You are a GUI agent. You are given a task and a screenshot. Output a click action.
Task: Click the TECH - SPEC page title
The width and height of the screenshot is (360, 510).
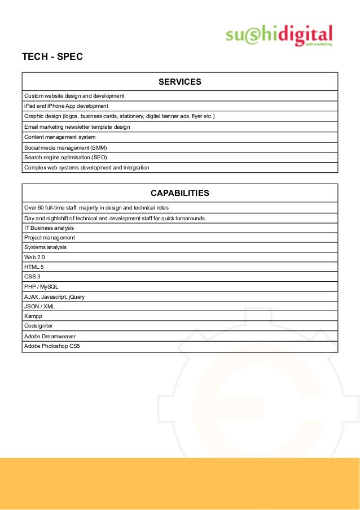(52, 57)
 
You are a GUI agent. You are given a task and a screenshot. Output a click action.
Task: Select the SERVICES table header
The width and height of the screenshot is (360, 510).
(179, 82)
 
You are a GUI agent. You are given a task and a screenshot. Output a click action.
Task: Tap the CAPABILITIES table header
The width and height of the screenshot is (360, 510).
(179, 193)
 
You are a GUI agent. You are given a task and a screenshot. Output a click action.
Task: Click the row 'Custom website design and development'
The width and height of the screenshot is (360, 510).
(74, 95)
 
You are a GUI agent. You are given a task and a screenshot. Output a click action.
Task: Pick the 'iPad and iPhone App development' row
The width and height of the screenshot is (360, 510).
(66, 106)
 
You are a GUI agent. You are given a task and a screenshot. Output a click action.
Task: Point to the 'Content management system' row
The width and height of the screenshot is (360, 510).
(60, 137)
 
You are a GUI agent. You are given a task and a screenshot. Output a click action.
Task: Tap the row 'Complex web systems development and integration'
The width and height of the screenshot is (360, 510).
(86, 168)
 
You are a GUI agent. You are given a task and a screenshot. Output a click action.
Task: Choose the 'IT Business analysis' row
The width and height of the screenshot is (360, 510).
(49, 228)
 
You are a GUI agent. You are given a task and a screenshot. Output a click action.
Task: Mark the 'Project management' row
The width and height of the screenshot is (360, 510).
(50, 238)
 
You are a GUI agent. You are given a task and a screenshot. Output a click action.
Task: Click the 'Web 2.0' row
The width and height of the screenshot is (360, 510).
(34, 257)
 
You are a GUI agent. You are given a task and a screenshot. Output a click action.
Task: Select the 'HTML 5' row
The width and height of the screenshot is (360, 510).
(34, 267)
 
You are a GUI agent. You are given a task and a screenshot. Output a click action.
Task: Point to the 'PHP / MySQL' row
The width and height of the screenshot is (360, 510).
(41, 286)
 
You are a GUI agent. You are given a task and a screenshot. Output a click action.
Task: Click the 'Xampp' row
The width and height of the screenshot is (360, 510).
(33, 316)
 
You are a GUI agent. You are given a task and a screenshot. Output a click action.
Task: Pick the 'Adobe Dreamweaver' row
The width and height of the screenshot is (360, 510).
(50, 336)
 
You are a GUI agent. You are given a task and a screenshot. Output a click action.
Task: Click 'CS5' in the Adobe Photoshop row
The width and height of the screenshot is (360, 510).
(74, 346)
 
